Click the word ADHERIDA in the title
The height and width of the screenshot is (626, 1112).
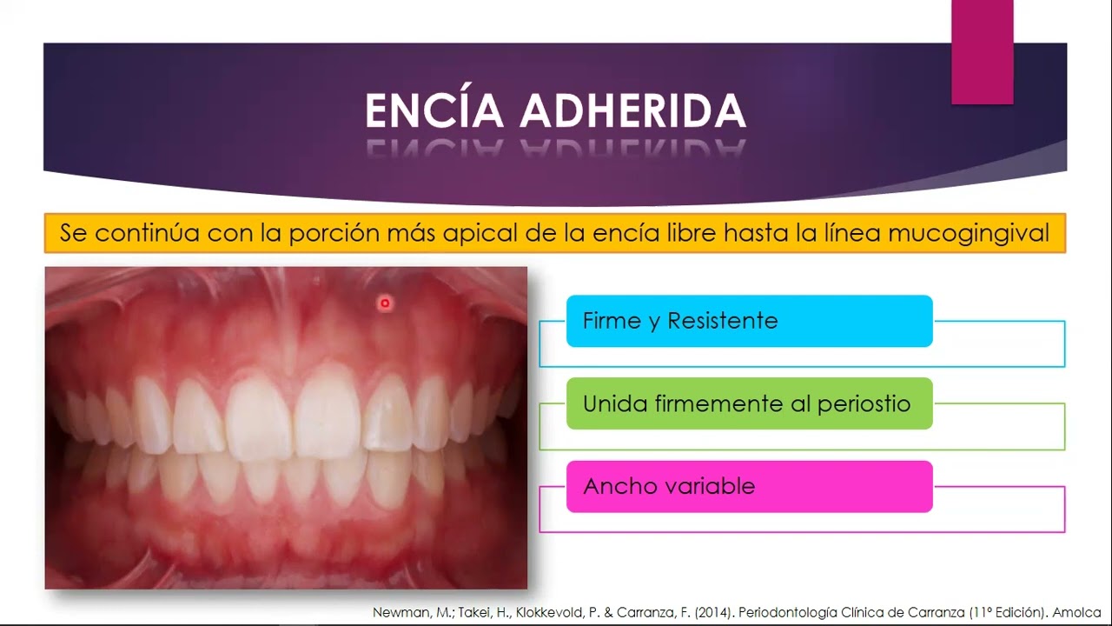(633, 111)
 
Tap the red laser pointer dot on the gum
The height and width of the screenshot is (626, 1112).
(385, 303)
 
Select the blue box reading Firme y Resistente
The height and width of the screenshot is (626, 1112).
(749, 321)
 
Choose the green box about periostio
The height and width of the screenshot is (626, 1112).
(749, 403)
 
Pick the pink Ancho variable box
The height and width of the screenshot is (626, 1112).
(749, 486)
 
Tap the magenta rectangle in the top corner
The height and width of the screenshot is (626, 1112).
(982, 52)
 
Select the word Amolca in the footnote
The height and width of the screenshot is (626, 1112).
(1079, 612)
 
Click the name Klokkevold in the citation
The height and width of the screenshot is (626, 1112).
(550, 612)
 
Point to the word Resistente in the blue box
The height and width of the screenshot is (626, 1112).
(722, 321)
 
